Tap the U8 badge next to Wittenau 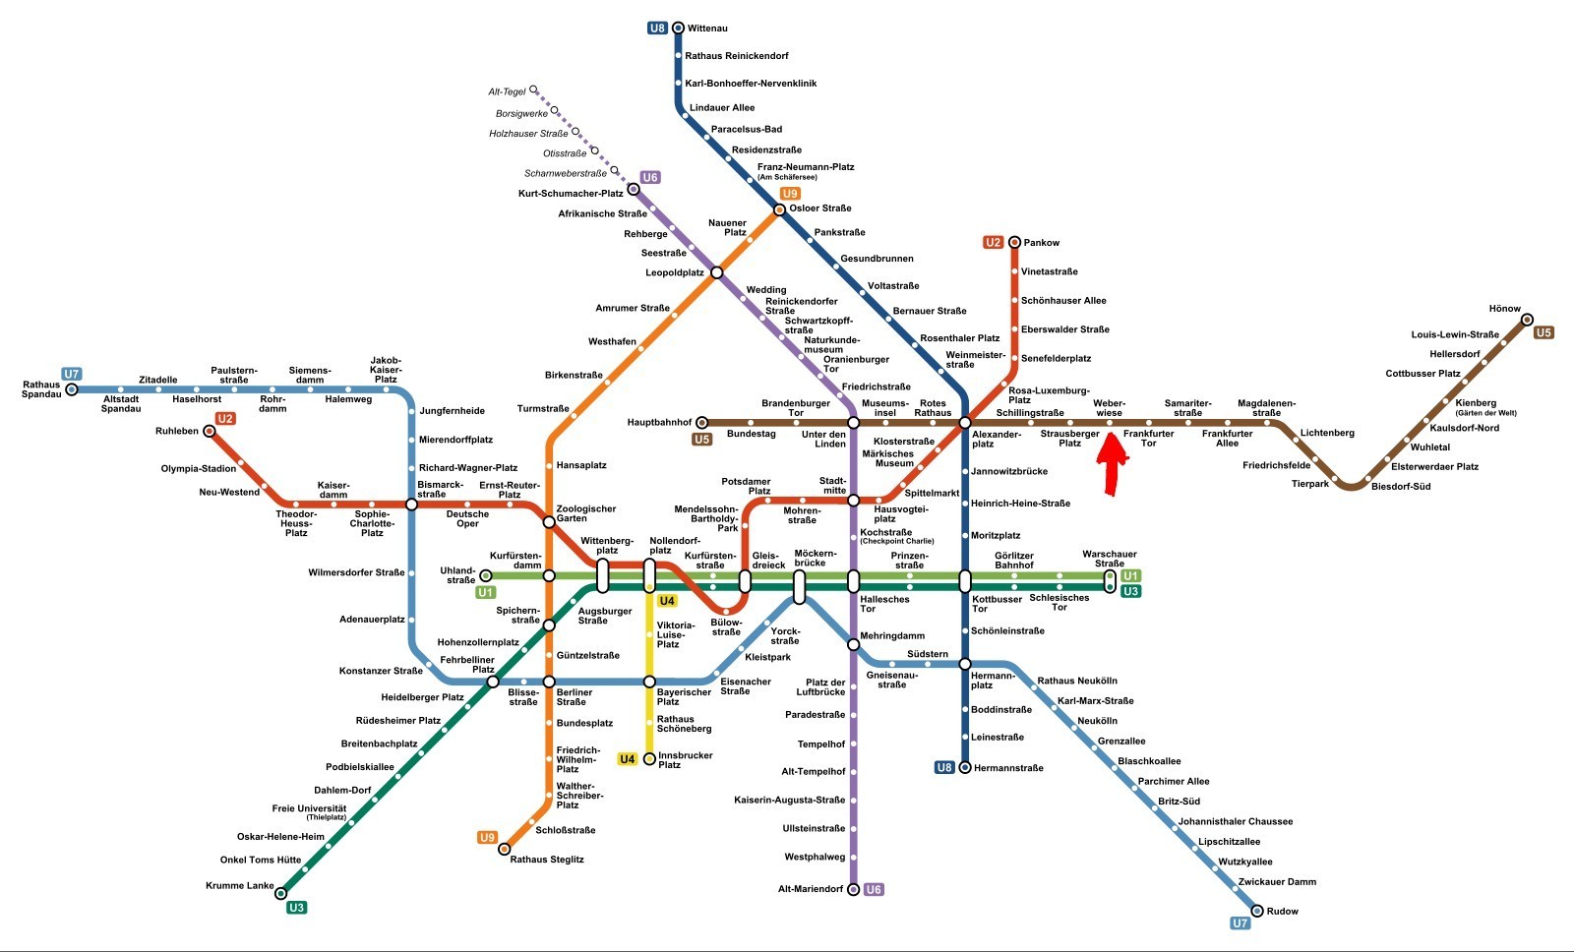click(x=657, y=29)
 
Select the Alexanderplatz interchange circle click(x=965, y=422)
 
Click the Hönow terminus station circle click(x=1527, y=320)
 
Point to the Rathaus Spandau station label click(x=41, y=389)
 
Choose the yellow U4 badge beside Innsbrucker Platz click(x=627, y=759)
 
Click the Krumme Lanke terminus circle click(x=280, y=893)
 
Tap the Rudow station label click(x=1283, y=912)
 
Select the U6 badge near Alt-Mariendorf click(x=874, y=889)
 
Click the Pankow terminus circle click(x=1014, y=242)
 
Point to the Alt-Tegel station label click(x=508, y=92)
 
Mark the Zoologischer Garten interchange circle click(x=549, y=522)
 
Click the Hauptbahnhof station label click(x=659, y=422)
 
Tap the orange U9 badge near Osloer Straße click(x=791, y=193)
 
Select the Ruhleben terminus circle click(x=209, y=431)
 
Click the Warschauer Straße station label click(x=1110, y=559)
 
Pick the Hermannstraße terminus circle click(x=965, y=767)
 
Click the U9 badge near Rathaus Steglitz click(x=487, y=837)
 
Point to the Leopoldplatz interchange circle click(x=717, y=272)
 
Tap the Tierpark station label click(x=1310, y=484)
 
